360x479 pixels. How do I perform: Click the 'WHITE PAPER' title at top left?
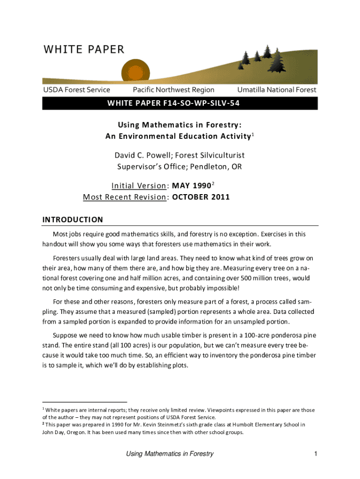pyautogui.click(x=84, y=50)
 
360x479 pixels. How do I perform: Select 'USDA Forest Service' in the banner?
pyautogui.click(x=77, y=90)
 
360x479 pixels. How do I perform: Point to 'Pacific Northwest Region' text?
pyautogui.click(x=173, y=90)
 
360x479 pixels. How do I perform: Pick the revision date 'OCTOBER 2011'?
pyautogui.click(x=201, y=196)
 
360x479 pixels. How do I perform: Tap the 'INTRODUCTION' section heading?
pyautogui.click(x=72, y=219)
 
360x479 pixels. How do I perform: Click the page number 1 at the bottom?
pyautogui.click(x=316, y=454)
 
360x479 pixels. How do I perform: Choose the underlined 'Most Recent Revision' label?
pyautogui.click(x=125, y=196)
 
